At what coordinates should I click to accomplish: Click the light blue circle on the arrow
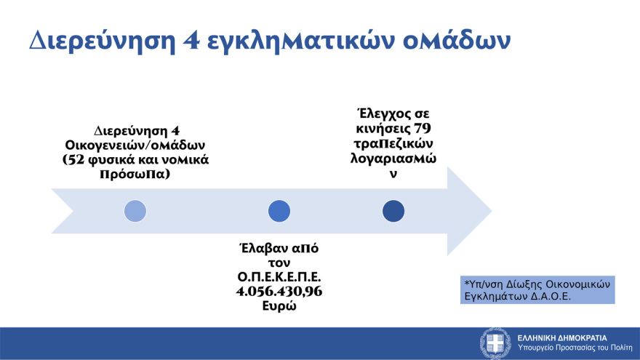(135, 211)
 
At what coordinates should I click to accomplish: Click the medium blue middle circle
(279, 211)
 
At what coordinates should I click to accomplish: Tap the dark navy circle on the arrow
(393, 211)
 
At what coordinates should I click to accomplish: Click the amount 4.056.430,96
(279, 292)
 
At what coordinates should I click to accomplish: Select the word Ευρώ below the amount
(279, 306)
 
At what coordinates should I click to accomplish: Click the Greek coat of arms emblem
(496, 343)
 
